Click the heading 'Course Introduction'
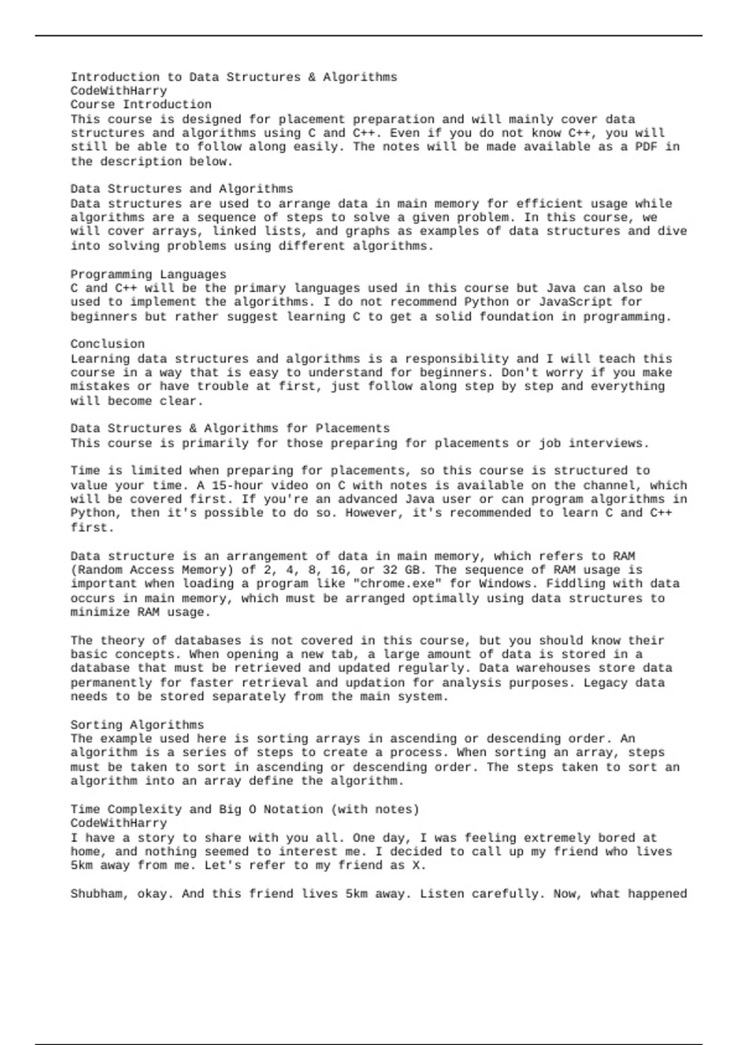(141, 104)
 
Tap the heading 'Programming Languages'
(148, 274)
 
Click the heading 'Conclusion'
(108, 344)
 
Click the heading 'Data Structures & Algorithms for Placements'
(230, 428)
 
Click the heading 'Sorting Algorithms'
(137, 725)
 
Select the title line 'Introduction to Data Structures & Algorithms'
(234, 77)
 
